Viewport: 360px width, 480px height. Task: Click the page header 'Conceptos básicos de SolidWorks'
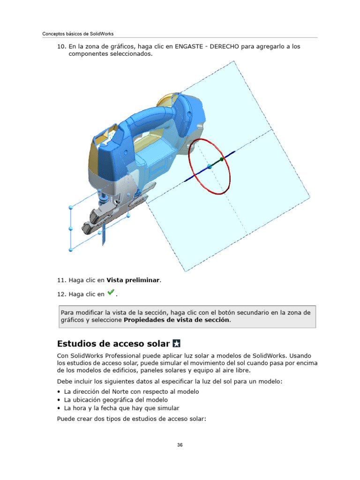[x=78, y=34]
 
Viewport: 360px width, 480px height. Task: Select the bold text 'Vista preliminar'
[x=133, y=280]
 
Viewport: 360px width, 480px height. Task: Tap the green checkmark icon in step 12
[x=110, y=293]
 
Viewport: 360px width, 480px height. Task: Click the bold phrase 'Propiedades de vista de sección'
[x=177, y=320]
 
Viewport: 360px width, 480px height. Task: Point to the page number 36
[x=180, y=445]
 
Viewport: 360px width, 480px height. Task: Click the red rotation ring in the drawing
[x=190, y=155]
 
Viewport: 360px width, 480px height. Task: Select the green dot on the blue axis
[x=222, y=159]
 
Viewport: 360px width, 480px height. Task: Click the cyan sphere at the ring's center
[x=210, y=167]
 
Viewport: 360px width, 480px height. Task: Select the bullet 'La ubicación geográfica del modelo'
[x=116, y=400]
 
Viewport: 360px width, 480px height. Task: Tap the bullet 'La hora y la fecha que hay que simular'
[x=121, y=408]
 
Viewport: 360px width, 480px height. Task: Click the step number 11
[x=61, y=280]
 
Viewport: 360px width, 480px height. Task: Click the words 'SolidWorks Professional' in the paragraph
[x=108, y=356]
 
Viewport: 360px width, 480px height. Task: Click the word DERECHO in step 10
[x=228, y=47]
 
